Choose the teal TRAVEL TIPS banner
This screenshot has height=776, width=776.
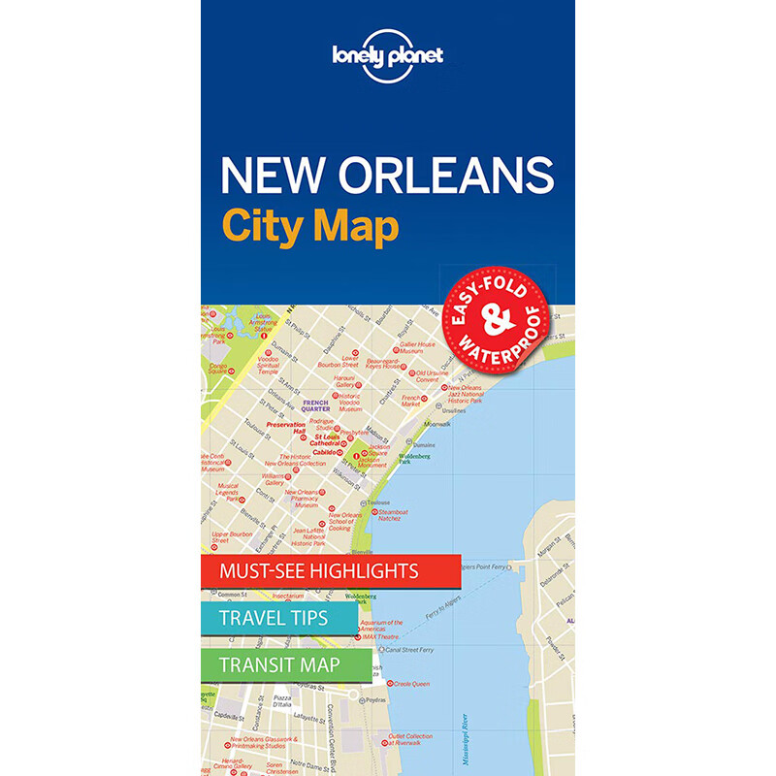[274, 618]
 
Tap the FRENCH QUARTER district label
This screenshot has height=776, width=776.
[316, 404]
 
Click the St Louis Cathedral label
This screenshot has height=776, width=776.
[317, 440]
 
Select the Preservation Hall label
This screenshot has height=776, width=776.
[286, 427]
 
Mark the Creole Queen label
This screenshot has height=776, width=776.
[412, 684]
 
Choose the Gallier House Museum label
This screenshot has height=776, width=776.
[417, 347]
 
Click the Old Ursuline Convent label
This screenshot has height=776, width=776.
[433, 375]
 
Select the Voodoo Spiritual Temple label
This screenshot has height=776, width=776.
[269, 366]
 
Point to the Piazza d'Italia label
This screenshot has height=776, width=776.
[283, 702]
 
